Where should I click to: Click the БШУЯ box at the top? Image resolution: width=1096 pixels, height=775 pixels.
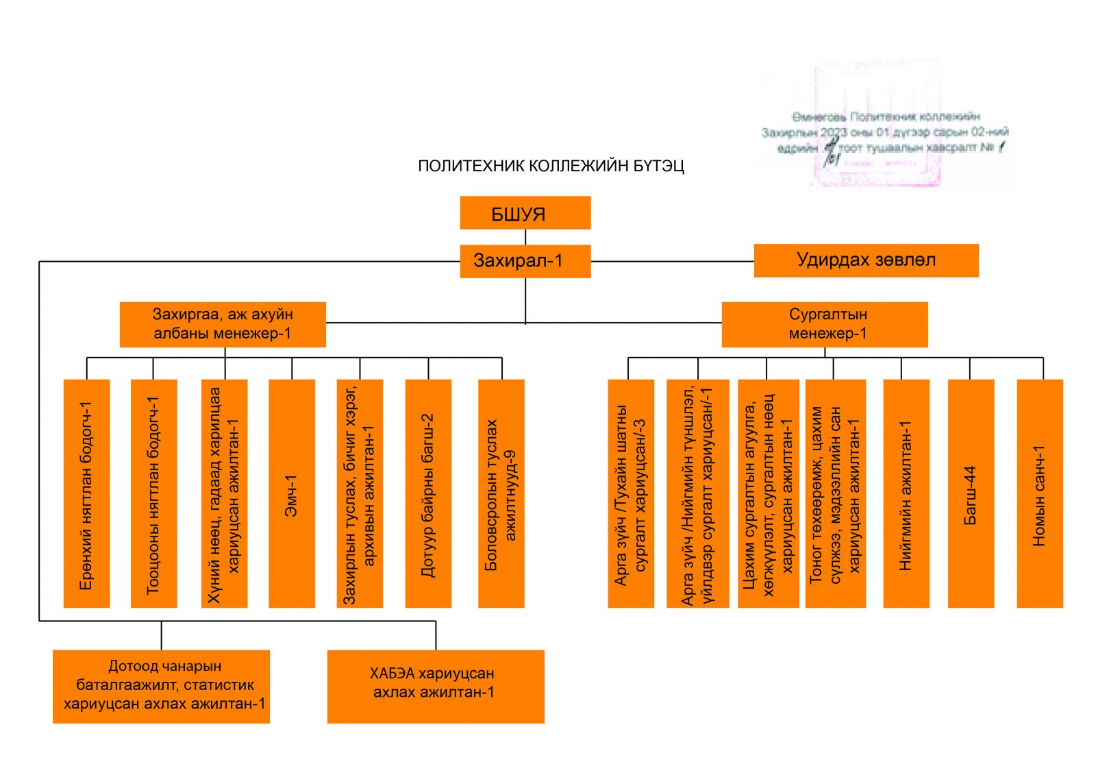525,213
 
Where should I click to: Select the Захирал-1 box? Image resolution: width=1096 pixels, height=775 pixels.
525,261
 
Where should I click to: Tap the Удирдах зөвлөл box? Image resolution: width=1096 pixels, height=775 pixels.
866,260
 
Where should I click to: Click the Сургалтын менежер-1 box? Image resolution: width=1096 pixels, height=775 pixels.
825,324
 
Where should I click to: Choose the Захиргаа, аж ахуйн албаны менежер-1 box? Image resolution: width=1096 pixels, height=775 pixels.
223,324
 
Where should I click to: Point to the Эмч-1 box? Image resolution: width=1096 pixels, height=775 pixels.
292,493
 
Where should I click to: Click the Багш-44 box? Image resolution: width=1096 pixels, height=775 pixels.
971,493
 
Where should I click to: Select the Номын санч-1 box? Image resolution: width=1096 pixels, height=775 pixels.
1039,493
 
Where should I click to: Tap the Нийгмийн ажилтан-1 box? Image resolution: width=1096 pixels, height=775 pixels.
906,493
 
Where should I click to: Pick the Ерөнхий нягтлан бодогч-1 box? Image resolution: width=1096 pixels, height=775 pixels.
86,493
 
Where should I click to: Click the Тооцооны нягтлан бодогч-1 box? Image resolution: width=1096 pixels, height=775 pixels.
153,493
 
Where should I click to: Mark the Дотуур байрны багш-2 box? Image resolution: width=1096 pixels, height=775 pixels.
428,493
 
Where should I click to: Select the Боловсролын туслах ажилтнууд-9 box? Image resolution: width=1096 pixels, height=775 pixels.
501,493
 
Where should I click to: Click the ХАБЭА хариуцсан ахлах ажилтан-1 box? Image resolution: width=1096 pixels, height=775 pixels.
436,686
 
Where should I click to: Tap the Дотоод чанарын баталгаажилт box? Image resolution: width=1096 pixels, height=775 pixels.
161,686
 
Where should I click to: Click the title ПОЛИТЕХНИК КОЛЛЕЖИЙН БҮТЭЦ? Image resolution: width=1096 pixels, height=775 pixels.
551,166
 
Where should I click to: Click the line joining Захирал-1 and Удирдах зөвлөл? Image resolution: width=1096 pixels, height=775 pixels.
671,261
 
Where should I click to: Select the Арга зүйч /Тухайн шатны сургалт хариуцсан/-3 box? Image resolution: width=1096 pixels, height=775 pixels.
631,493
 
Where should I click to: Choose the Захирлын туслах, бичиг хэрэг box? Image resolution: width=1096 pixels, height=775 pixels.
360,493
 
